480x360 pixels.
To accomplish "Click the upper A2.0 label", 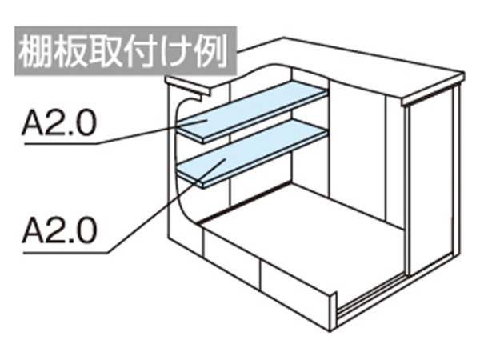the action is point(59,123).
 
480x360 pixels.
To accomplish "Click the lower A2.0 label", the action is point(59,230).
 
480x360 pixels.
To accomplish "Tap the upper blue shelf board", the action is point(253,111).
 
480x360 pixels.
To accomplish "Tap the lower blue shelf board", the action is point(253,153).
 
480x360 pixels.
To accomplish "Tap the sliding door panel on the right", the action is point(431,181).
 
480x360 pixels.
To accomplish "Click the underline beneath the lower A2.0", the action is point(66,253).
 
